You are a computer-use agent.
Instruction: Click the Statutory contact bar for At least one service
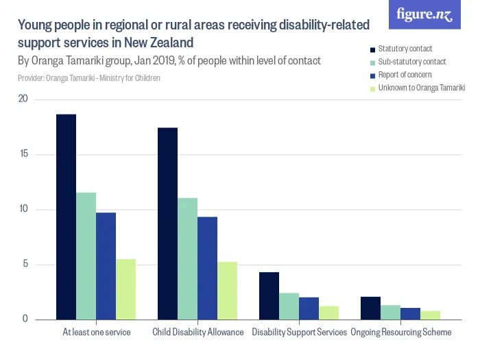click(x=66, y=217)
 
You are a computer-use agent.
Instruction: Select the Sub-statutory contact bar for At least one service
click(x=86, y=256)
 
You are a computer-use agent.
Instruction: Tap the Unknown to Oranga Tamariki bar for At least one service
click(x=125, y=289)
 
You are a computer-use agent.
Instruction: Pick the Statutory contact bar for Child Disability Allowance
click(x=167, y=224)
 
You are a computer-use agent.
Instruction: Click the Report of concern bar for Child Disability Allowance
click(x=207, y=268)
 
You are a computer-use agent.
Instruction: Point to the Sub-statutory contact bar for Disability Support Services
click(x=289, y=306)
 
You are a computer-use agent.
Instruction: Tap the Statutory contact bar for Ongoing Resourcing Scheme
click(x=370, y=308)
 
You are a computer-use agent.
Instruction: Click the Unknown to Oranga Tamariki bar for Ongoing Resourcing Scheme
click(x=430, y=315)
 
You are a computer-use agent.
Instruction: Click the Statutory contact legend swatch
click(x=372, y=49)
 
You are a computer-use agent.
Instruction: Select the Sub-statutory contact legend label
click(x=411, y=62)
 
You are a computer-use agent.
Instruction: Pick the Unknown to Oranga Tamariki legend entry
click(x=421, y=88)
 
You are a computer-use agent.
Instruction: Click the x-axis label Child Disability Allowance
click(x=197, y=333)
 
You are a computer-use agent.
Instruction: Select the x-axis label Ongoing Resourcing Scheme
click(x=401, y=333)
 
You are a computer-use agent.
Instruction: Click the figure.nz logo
click(x=424, y=14)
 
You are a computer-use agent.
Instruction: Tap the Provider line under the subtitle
click(x=89, y=79)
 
